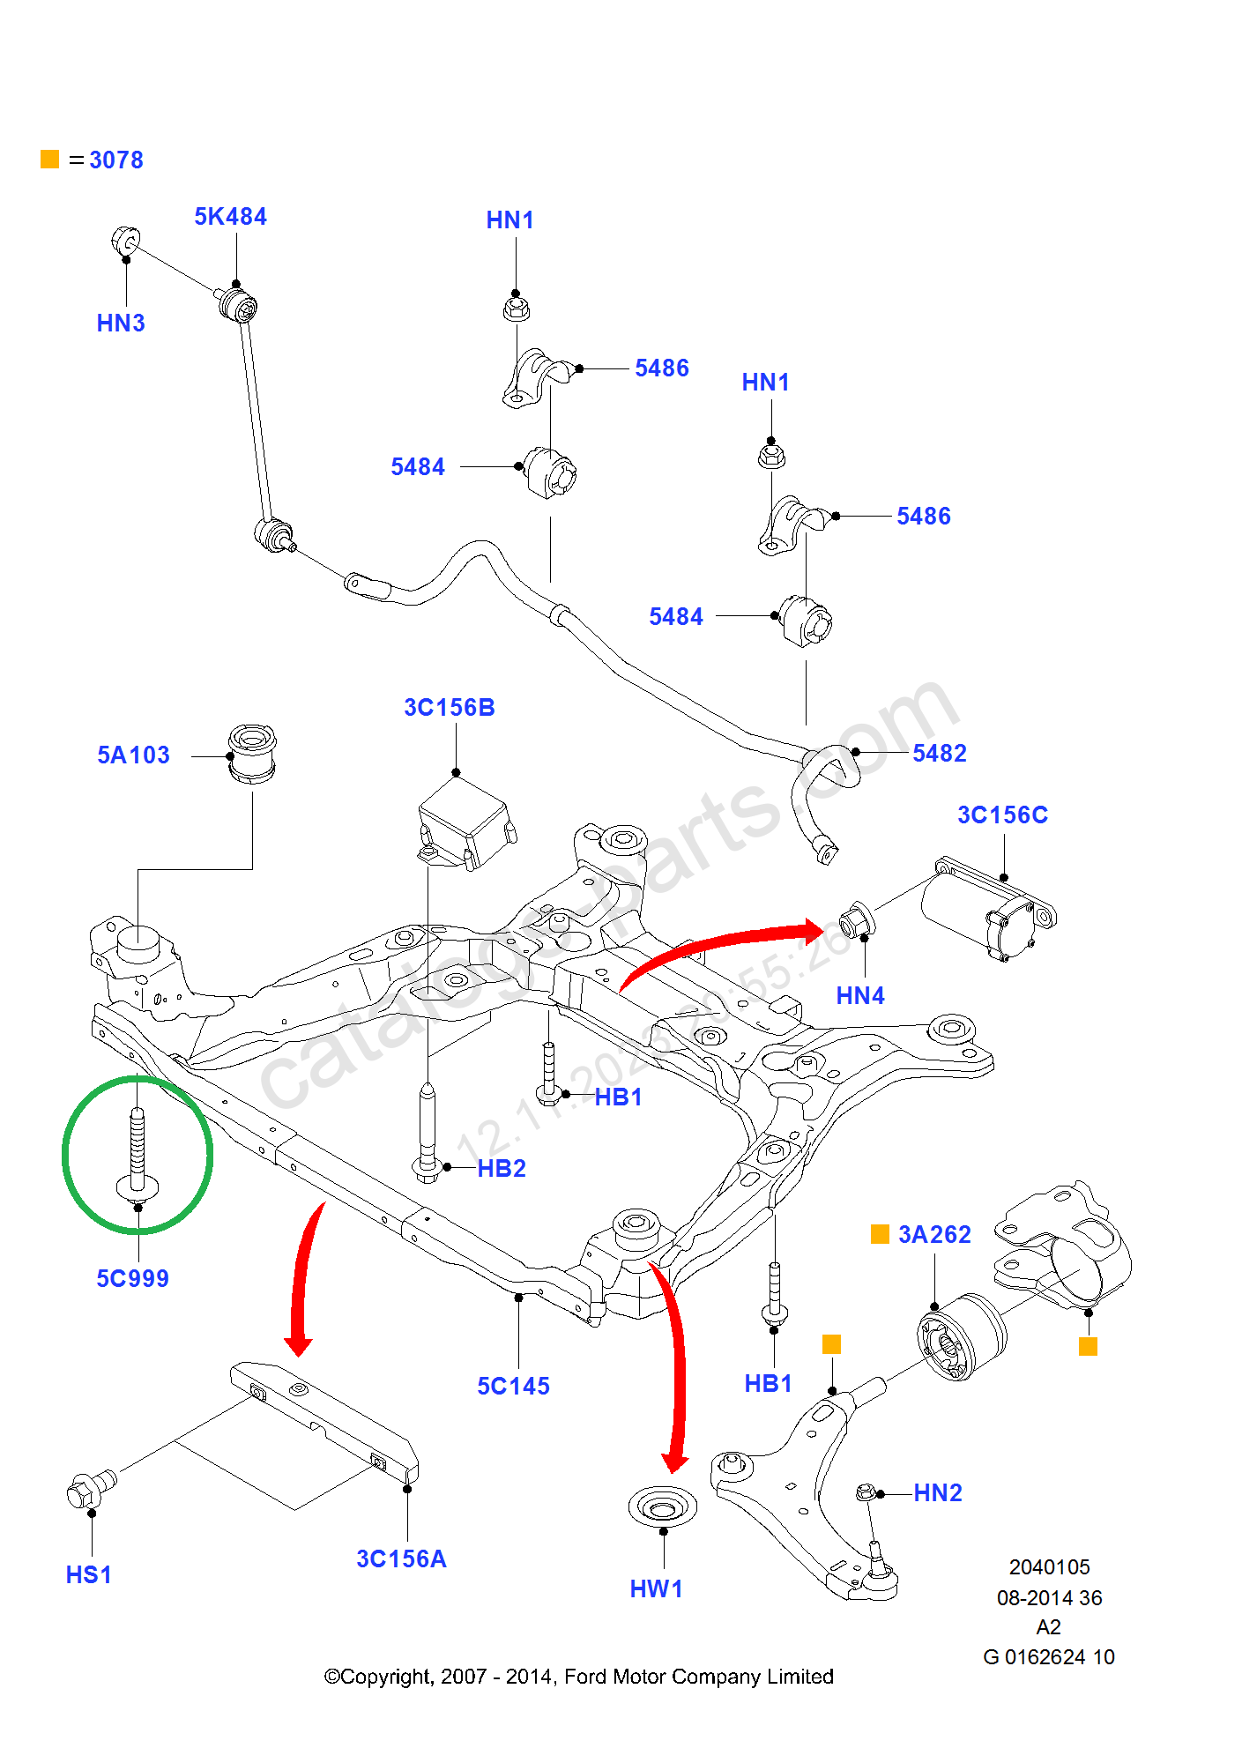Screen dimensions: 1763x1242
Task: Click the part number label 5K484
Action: pos(230,217)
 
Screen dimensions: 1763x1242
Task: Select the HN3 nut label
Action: pos(121,324)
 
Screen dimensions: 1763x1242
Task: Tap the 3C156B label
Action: pos(450,708)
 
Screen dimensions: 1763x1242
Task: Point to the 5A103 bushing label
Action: pos(133,755)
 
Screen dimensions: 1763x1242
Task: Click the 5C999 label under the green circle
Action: pos(132,1279)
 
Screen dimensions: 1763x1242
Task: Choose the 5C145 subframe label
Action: pos(513,1387)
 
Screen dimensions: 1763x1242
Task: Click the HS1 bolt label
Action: pos(89,1575)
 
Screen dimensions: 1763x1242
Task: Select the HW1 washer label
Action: pos(656,1589)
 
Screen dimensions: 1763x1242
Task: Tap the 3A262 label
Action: pos(934,1235)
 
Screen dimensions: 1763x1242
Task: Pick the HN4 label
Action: pos(860,996)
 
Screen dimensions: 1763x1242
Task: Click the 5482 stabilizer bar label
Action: pos(940,754)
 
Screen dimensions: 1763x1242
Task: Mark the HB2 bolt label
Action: pos(502,1169)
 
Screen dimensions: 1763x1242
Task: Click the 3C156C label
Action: pos(1003,815)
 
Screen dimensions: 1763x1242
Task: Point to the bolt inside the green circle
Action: pos(138,1155)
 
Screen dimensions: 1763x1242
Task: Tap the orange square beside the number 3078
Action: pos(50,160)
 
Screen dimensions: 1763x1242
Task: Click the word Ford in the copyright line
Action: pos(583,1677)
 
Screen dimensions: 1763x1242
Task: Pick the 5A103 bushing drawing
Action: pos(252,754)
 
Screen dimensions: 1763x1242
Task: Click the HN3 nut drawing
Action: pos(125,240)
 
